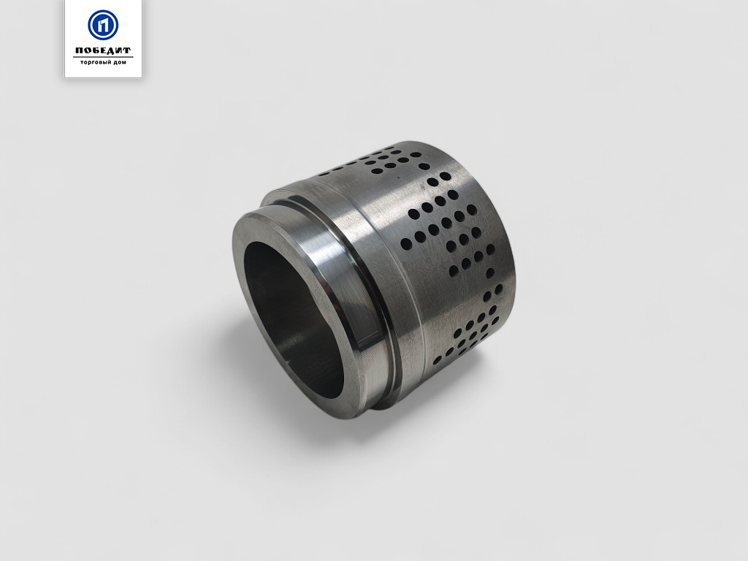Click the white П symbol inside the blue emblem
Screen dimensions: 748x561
(103, 26)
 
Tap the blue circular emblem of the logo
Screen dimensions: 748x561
(103, 25)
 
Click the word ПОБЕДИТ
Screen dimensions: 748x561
(103, 50)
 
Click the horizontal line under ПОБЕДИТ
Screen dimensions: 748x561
(103, 57)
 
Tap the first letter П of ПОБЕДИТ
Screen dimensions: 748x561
(79, 50)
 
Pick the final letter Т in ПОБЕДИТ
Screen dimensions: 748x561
(127, 50)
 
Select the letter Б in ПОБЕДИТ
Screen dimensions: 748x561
(95, 50)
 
